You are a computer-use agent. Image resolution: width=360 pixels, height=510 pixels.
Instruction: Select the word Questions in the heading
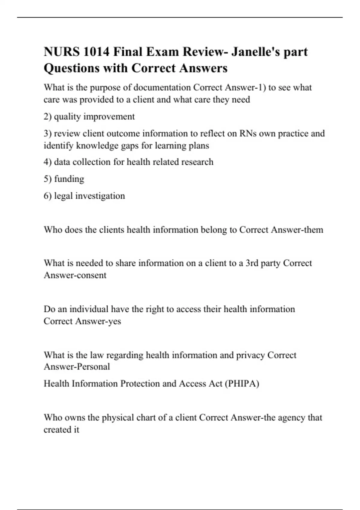[x=71, y=68]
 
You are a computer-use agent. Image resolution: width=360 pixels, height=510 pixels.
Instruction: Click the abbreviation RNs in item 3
[x=248, y=133]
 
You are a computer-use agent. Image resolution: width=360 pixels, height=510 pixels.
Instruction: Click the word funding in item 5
[x=69, y=179]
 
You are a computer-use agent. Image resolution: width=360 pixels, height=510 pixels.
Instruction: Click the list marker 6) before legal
[x=48, y=196]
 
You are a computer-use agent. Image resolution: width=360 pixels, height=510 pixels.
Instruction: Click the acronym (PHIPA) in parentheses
[x=241, y=384]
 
